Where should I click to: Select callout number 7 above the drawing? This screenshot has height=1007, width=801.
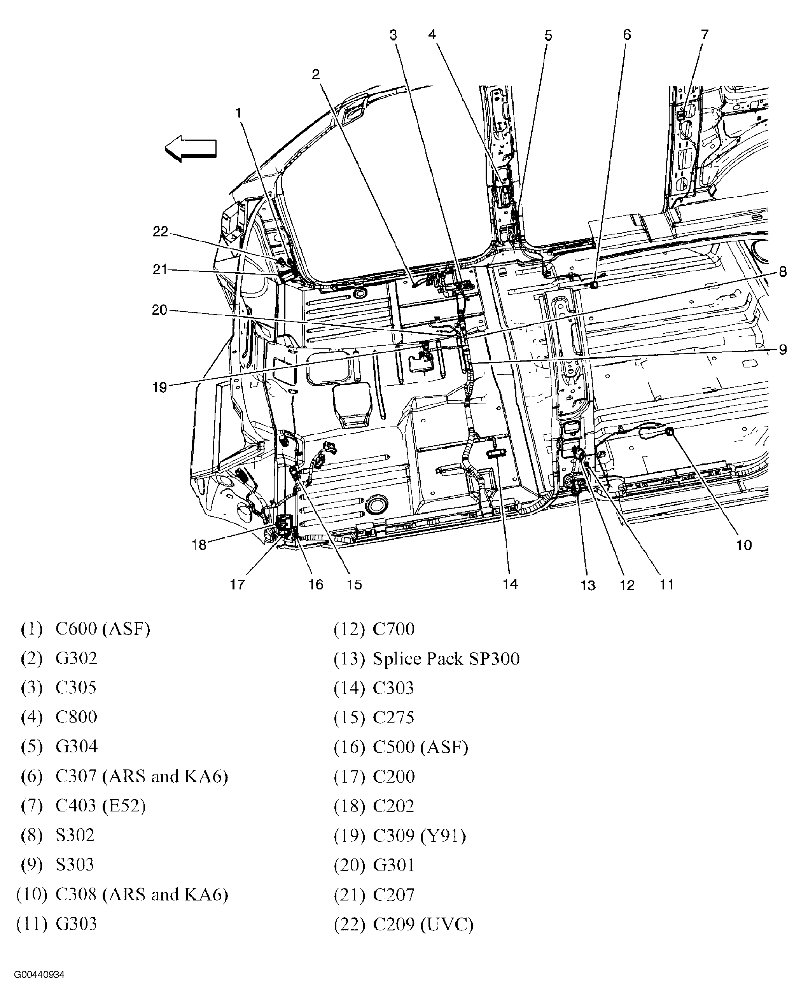[704, 35]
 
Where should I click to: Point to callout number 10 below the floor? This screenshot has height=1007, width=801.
[743, 545]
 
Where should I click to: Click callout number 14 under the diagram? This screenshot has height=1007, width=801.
[510, 584]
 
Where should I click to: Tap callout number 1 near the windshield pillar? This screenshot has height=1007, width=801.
[238, 113]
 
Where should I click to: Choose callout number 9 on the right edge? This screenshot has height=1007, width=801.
[783, 350]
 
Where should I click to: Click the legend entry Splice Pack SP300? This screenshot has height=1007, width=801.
[446, 659]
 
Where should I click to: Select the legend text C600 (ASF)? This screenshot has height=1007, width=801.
[103, 629]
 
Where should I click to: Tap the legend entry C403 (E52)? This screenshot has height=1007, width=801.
[100, 806]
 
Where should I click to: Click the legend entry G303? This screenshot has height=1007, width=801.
[76, 924]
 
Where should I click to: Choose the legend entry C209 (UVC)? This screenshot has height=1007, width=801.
[423, 924]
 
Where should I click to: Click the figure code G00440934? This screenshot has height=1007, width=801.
[39, 975]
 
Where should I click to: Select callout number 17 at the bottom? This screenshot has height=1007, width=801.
[237, 584]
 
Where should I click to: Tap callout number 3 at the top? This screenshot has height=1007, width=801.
[393, 35]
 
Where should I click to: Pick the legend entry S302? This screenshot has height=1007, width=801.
[75, 835]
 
